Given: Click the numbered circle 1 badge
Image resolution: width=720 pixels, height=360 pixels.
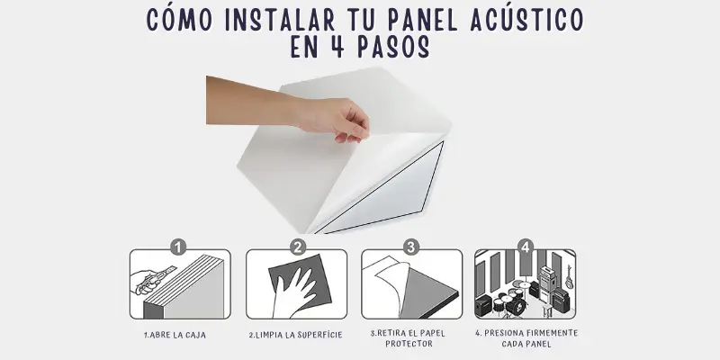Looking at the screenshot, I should pos(179,246).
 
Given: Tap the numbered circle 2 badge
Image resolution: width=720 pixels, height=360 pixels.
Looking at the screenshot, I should pos(299,246).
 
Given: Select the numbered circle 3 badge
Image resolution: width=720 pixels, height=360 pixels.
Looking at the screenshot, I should pos(411,246).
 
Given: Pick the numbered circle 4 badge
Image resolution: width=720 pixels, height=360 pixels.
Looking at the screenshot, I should pos(526,246).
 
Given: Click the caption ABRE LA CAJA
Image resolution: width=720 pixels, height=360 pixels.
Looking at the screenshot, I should pos(179,335).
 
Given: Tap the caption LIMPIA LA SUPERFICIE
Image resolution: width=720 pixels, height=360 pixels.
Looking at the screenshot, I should pos(296,335).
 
